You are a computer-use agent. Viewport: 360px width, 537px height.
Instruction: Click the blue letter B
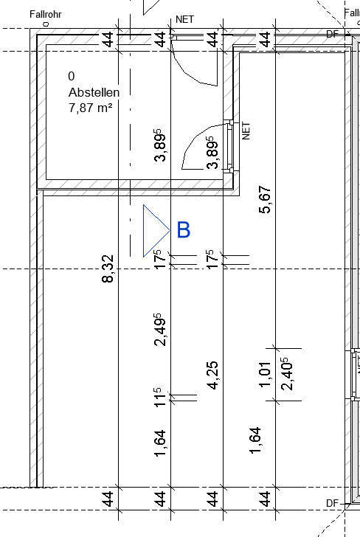(x=184, y=229)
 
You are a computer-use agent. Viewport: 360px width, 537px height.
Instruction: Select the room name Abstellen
(x=94, y=92)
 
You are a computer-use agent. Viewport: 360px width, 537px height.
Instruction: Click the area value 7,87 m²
(x=91, y=108)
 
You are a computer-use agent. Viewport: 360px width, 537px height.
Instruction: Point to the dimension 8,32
(x=108, y=268)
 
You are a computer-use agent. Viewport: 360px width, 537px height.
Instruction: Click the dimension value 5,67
(x=265, y=199)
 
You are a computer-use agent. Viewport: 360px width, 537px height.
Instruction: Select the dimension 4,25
(x=212, y=375)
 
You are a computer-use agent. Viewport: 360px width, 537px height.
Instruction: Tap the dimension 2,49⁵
(x=160, y=330)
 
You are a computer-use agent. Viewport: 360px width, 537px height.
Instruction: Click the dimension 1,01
(x=266, y=374)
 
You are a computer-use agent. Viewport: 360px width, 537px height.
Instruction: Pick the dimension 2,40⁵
(x=287, y=374)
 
